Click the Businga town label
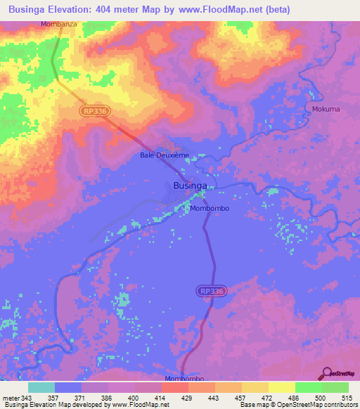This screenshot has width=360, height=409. point(191,186)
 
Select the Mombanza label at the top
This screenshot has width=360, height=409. point(58,24)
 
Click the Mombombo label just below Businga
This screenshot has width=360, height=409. point(210,209)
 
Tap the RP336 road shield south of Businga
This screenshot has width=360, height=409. point(212,290)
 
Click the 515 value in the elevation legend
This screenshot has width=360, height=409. point(347,398)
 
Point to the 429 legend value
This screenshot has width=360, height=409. point(188,398)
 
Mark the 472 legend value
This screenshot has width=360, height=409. point(268,398)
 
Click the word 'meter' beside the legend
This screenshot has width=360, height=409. point(11,398)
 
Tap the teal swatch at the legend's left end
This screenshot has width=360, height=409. point(41,387)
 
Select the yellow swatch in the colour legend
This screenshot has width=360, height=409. point(281,387)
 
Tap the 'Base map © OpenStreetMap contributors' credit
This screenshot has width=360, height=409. point(298,405)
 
